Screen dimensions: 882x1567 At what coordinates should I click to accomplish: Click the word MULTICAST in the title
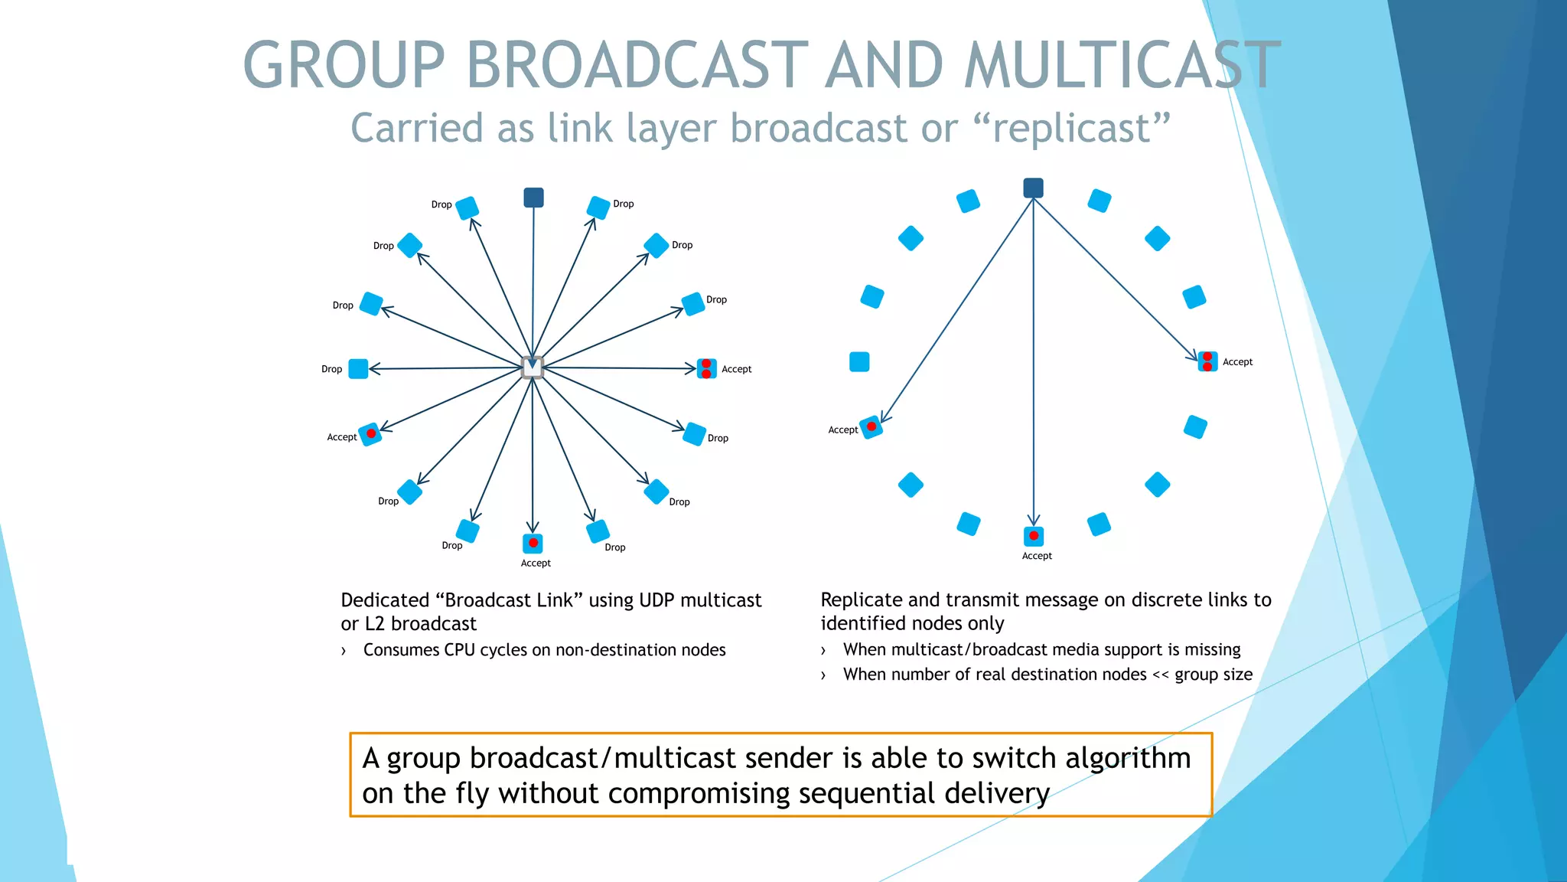(1122, 66)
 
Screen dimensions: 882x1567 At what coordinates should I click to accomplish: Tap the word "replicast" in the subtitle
(1073, 128)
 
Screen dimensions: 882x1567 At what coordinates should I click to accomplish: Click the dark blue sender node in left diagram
(533, 198)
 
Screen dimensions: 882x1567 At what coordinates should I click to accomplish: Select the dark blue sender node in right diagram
(1033, 188)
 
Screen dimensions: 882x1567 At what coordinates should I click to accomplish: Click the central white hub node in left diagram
(533, 367)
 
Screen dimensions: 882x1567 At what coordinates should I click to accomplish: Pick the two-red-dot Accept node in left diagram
(706, 369)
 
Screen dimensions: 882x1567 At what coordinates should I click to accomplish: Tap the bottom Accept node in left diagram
(533, 543)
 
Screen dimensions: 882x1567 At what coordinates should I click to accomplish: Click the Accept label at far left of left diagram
(341, 437)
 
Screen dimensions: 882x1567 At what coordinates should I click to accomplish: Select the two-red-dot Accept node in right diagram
(1207, 361)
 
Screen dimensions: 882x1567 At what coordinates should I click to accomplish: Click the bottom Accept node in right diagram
(1034, 536)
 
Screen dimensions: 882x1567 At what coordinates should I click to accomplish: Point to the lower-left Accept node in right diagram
(871, 427)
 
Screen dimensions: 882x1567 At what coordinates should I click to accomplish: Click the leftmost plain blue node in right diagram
(859, 361)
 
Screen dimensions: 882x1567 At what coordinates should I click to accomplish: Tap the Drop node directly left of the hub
(358, 369)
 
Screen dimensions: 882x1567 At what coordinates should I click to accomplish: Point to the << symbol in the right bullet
(1160, 675)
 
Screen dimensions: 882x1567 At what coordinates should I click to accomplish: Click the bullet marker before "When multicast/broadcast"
(823, 651)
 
